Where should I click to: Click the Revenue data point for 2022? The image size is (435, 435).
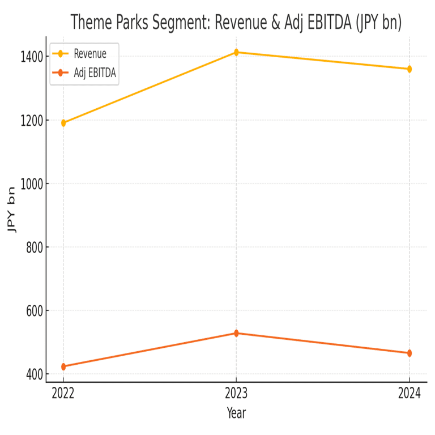[x=63, y=123]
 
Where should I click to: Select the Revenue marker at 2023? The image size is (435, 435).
[x=236, y=52]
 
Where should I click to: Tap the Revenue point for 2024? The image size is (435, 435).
[x=409, y=69]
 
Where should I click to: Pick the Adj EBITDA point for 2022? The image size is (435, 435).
[x=63, y=366]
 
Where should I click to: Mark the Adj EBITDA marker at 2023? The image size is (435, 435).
[x=236, y=333]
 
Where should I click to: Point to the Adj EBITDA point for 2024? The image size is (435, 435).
[x=409, y=353]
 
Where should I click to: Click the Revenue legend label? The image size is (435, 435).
[x=90, y=54]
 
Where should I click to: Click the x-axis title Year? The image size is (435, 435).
[x=236, y=413]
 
